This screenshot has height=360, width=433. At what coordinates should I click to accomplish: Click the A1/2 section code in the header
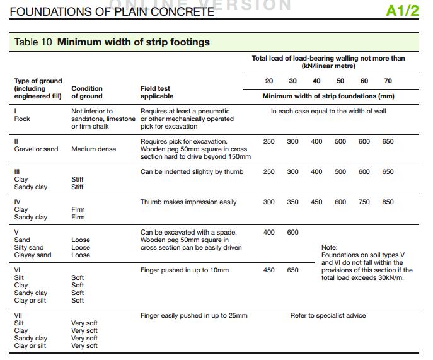pyautogui.click(x=403, y=11)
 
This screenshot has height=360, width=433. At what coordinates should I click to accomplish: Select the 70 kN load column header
pyautogui.click(x=388, y=81)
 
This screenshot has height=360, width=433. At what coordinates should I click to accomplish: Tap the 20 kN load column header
pyautogui.click(x=269, y=81)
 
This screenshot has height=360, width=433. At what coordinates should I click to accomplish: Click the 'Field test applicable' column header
pyautogui.click(x=157, y=92)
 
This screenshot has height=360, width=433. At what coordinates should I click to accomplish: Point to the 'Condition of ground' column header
pyautogui.click(x=87, y=92)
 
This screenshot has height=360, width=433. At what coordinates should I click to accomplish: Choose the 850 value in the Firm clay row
pyautogui.click(x=388, y=202)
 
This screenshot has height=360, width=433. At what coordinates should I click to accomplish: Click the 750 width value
pyautogui.click(x=364, y=202)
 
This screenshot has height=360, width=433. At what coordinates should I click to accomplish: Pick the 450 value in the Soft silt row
pyautogui.click(x=269, y=270)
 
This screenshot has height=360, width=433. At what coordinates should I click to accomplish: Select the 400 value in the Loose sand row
pyautogui.click(x=269, y=233)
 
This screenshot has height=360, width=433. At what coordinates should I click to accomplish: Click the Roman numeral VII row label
pyautogui.click(x=19, y=315)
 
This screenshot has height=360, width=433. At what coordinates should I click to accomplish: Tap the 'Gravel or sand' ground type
pyautogui.click(x=37, y=149)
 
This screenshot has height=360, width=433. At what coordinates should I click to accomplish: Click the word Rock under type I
pyautogui.click(x=22, y=119)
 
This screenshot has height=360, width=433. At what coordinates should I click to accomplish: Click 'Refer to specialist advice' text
pyautogui.click(x=328, y=315)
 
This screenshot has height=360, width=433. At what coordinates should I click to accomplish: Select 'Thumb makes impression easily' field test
pyautogui.click(x=188, y=202)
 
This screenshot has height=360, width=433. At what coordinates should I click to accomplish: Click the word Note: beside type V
pyautogui.click(x=330, y=248)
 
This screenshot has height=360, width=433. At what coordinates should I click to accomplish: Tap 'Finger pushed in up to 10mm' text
pyautogui.click(x=185, y=270)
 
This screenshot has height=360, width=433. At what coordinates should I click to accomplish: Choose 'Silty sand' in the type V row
pyautogui.click(x=29, y=248)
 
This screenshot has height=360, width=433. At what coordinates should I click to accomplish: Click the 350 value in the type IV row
pyautogui.click(x=293, y=202)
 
